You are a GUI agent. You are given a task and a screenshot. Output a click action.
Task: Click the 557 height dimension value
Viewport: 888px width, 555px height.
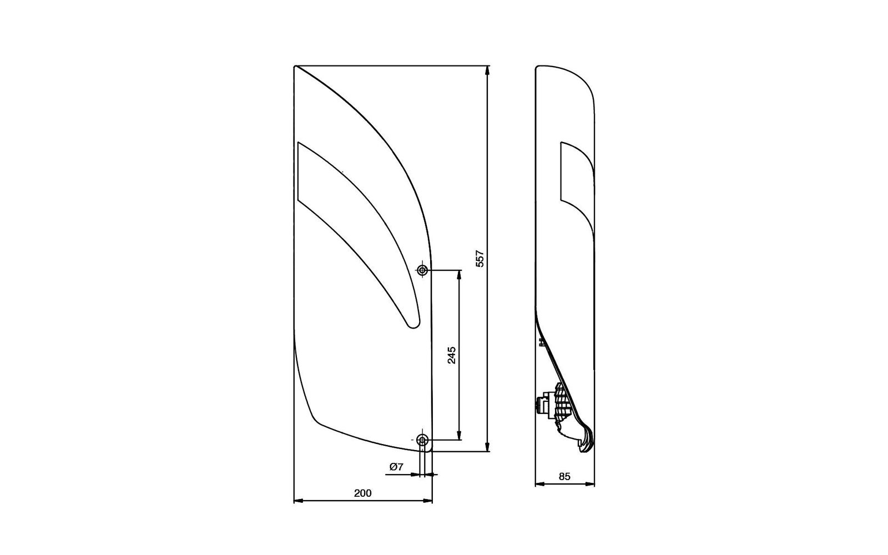click(480, 259)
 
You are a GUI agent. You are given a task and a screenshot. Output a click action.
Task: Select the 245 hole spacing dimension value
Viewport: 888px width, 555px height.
click(452, 355)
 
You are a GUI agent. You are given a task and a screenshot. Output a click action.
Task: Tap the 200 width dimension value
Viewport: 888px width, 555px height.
click(363, 493)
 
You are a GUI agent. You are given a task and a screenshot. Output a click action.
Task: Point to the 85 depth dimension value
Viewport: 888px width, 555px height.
click(564, 477)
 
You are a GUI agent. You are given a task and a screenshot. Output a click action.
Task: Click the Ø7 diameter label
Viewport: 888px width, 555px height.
click(396, 467)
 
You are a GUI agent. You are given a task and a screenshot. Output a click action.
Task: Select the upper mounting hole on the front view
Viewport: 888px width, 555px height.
click(422, 270)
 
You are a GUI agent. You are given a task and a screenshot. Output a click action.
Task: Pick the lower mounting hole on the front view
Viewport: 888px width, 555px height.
click(422, 440)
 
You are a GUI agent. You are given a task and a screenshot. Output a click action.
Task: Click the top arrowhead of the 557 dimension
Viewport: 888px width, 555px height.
click(487, 70)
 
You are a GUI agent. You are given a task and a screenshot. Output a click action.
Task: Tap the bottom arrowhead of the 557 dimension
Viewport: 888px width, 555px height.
click(487, 446)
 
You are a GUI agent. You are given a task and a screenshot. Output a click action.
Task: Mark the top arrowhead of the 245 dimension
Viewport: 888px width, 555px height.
click(460, 275)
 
